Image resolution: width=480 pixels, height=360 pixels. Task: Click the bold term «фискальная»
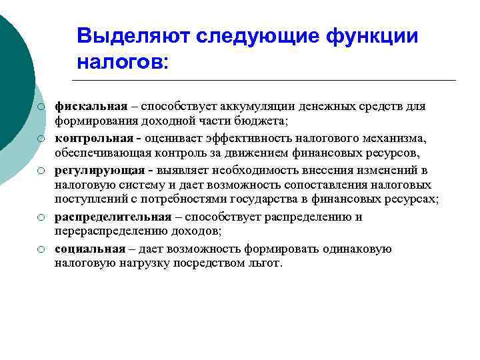(91, 107)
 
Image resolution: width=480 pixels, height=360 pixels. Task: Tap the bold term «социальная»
(90, 249)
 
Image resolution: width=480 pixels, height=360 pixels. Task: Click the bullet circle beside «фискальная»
(41, 107)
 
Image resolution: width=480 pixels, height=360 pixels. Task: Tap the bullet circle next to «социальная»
(41, 249)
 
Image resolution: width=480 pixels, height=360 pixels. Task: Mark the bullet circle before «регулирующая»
(41, 171)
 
